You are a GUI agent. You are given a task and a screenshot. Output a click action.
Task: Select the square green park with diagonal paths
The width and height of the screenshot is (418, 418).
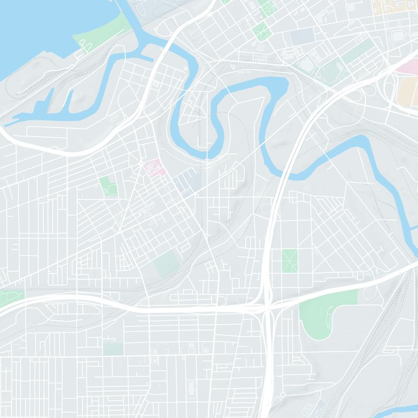coord(289,260)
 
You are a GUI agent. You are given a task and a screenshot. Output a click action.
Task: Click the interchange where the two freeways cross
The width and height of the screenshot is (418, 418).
coord(267,308)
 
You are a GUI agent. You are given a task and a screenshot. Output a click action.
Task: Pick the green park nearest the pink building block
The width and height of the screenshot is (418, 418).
coord(109,185)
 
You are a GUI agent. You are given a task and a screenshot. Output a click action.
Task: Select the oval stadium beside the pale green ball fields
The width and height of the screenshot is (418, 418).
coord(307,65)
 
